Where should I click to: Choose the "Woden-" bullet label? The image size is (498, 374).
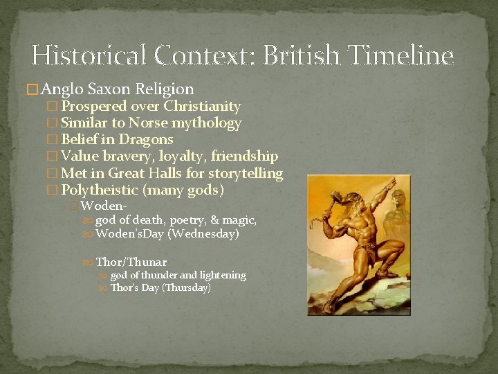click(104, 206)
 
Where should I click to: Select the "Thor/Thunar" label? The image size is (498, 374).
click(131, 262)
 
